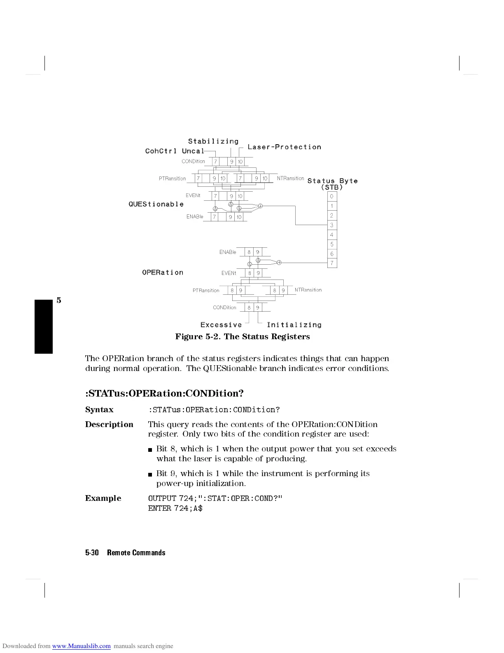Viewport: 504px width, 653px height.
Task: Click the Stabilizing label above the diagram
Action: point(213,141)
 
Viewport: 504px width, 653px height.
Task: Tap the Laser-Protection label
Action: point(284,147)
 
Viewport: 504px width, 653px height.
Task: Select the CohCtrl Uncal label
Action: point(175,151)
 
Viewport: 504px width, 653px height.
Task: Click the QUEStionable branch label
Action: point(156,204)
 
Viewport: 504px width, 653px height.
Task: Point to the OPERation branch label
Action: point(163,272)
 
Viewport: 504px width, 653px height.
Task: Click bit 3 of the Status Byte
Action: point(332,225)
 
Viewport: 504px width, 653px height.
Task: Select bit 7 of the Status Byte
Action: point(332,263)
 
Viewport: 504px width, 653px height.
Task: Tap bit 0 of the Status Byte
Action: point(332,196)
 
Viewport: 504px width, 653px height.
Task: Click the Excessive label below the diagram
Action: point(221,325)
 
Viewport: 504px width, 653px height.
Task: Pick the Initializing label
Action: point(294,325)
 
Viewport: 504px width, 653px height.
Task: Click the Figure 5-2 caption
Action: point(242,337)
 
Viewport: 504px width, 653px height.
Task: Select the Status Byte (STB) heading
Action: point(332,184)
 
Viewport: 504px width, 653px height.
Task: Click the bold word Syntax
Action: point(99,410)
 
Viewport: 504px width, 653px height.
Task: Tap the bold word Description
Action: point(109,425)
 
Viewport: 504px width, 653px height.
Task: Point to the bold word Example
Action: point(103,498)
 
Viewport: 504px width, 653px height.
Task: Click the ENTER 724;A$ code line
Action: point(175,508)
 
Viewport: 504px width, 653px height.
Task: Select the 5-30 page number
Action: point(92,553)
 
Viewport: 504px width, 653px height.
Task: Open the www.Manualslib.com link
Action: point(81,646)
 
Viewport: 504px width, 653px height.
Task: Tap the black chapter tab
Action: point(44,327)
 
